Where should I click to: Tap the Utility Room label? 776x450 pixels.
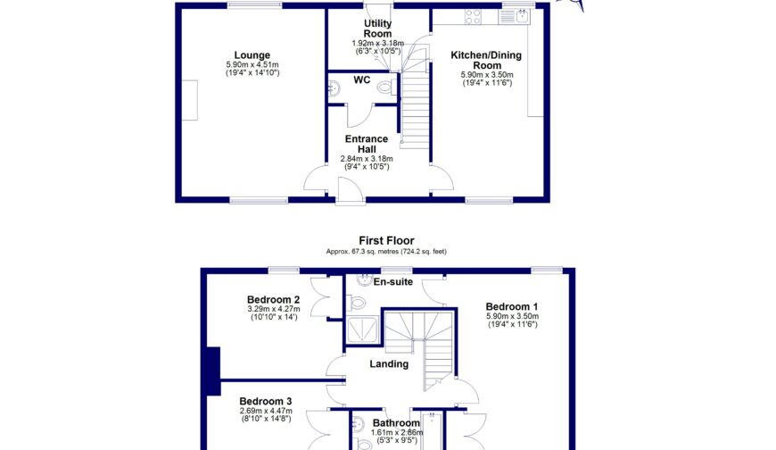pyautogui.click(x=378, y=29)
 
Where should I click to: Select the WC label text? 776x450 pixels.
pyautogui.click(x=361, y=80)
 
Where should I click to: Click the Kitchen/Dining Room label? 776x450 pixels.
pyautogui.click(x=486, y=61)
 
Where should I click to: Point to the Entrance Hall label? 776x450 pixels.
pyautogui.click(x=367, y=144)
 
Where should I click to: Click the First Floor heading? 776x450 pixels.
pyautogui.click(x=386, y=240)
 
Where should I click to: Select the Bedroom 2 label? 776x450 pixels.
pyautogui.click(x=273, y=299)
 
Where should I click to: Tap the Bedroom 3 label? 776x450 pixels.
pyautogui.click(x=265, y=402)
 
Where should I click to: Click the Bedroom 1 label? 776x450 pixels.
pyautogui.click(x=513, y=306)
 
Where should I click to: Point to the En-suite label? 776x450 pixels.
pyautogui.click(x=392, y=282)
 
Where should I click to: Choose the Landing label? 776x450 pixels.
pyautogui.click(x=389, y=363)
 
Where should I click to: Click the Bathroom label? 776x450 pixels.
pyautogui.click(x=396, y=423)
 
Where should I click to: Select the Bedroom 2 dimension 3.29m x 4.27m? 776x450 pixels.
pyautogui.click(x=274, y=310)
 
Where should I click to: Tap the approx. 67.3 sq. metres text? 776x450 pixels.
pyautogui.click(x=357, y=251)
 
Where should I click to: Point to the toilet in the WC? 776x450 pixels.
pyautogui.click(x=385, y=87)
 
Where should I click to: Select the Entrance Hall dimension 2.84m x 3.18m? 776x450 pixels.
pyautogui.click(x=367, y=159)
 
